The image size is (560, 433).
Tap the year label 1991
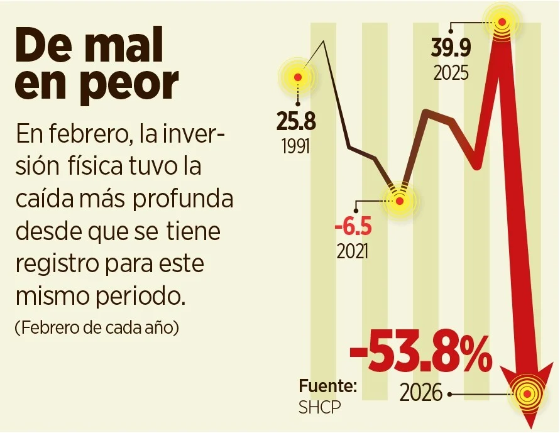[295, 146]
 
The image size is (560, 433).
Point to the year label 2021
[353, 251]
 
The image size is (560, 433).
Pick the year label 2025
[451, 73]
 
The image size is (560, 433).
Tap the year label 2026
[422, 395]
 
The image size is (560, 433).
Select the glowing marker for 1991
[298, 77]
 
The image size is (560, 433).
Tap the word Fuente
[328, 385]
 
